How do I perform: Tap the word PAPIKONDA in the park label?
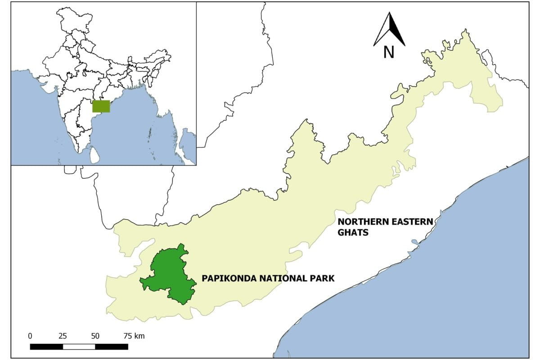coord(223,278)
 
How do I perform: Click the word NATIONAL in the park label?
coord(276,278)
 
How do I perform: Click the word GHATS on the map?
coord(353,232)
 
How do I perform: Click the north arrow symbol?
coord(389,30)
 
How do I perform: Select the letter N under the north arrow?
coord(389,53)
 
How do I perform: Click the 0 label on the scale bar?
coord(30,336)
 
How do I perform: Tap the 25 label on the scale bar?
coord(63,336)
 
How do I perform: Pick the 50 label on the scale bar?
coord(95,336)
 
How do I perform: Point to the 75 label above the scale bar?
coord(128,336)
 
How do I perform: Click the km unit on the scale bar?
coord(140,336)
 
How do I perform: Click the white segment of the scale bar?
coord(79,346)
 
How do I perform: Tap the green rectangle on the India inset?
coord(101,106)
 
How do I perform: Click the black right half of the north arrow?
coord(396,31)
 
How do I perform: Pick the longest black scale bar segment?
coord(112,346)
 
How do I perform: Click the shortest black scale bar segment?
coord(46,346)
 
